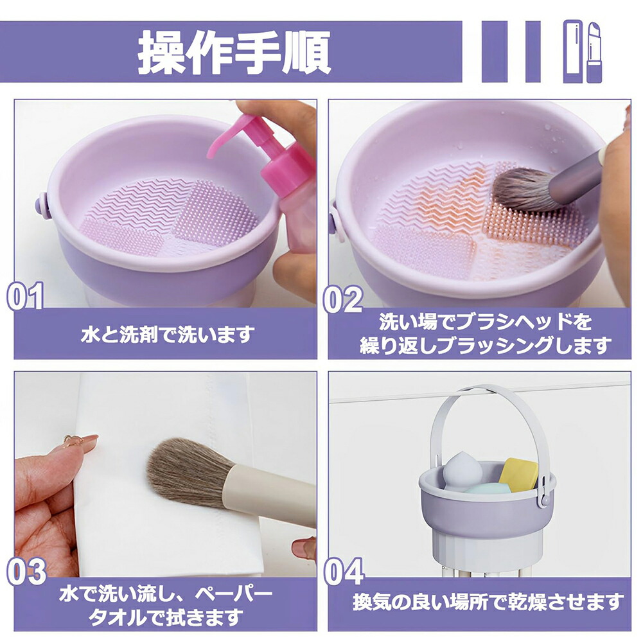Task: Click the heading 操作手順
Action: (234, 52)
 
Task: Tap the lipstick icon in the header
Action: (594, 52)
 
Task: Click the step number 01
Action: (26, 295)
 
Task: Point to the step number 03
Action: (26, 571)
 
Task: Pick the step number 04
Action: (344, 571)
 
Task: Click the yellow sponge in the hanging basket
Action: (518, 473)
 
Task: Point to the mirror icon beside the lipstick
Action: (573, 51)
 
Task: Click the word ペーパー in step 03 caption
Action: (234, 594)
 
